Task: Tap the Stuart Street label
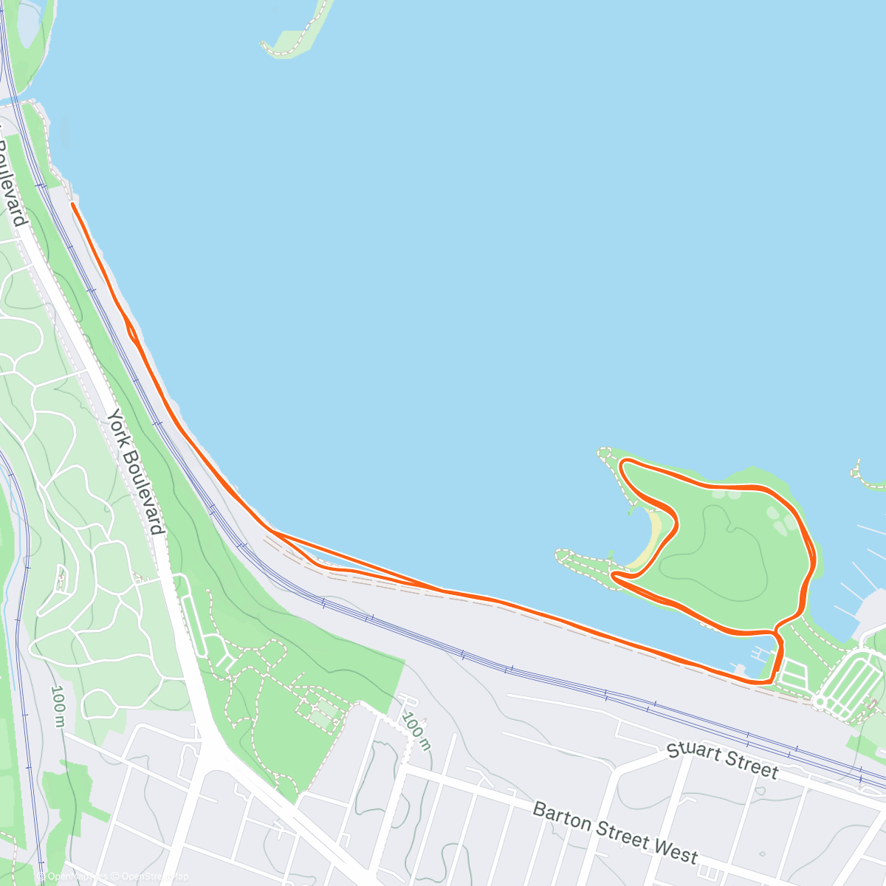(722, 761)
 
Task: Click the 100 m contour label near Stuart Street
(416, 730)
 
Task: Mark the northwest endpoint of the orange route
(72, 204)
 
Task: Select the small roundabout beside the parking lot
(819, 701)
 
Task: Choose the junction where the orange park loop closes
(775, 632)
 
